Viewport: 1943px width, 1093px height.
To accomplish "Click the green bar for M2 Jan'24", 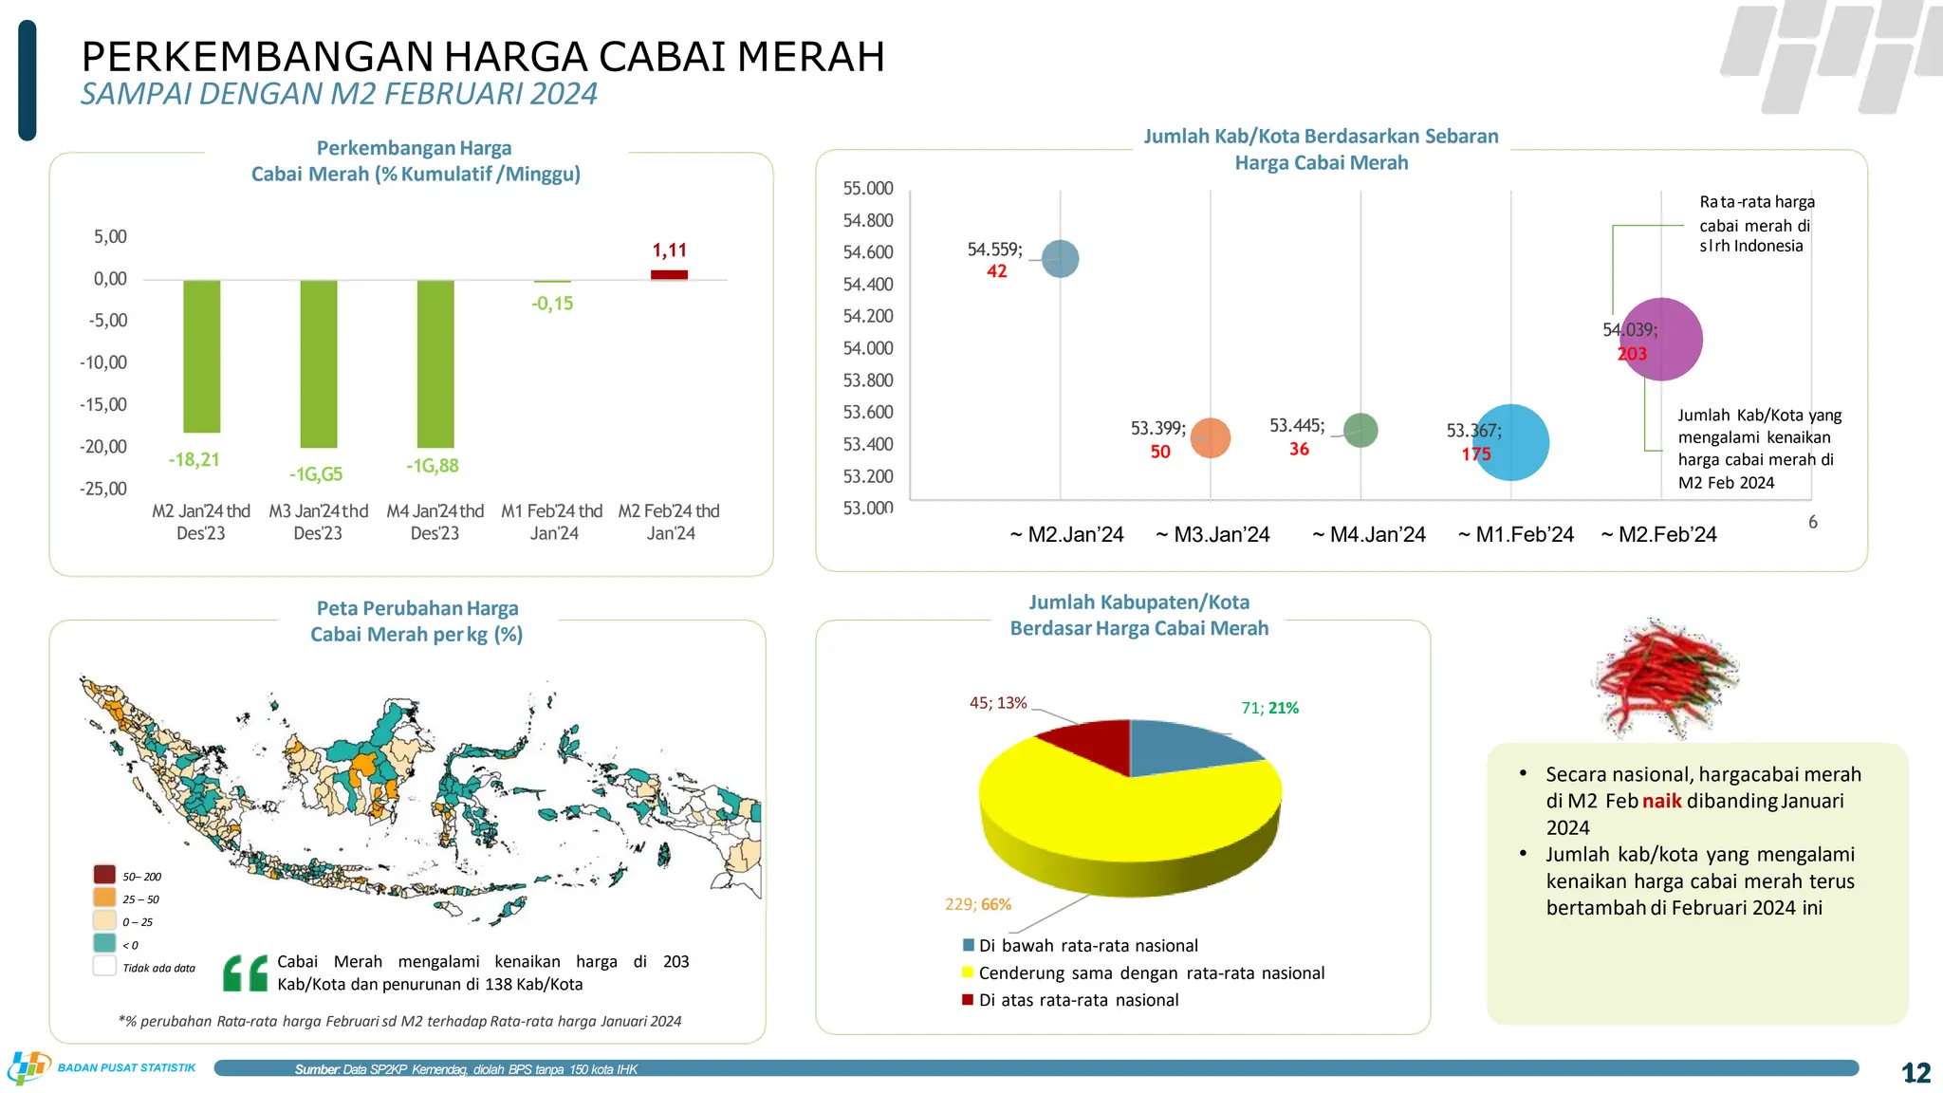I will pos(202,356).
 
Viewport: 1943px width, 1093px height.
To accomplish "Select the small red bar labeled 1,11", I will pos(669,275).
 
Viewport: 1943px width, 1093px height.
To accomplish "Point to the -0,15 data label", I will pos(552,304).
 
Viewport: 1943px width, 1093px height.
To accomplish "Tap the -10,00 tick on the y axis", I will pos(103,362).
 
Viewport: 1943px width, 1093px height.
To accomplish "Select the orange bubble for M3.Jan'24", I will pos(1211,438).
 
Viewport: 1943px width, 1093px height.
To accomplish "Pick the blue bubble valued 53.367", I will pos(1510,442).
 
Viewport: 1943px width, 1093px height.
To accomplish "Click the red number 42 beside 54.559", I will pos(996,271).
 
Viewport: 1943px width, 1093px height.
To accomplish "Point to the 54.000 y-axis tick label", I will pos(868,348).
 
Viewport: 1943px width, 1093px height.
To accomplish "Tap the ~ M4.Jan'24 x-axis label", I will pos(1369,535).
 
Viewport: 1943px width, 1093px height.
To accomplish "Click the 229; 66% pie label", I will pos(977,904).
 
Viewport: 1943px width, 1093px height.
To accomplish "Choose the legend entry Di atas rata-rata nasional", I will pos(1078,1000).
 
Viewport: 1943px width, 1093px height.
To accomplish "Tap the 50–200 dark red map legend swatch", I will pos(104,875).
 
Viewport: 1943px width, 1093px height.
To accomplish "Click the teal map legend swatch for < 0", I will pos(104,943).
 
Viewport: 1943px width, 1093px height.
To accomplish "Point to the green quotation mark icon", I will pos(245,973).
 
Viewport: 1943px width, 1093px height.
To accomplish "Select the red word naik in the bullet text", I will pos(1661,801).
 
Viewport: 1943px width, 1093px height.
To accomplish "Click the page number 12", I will pos(1915,1073).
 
